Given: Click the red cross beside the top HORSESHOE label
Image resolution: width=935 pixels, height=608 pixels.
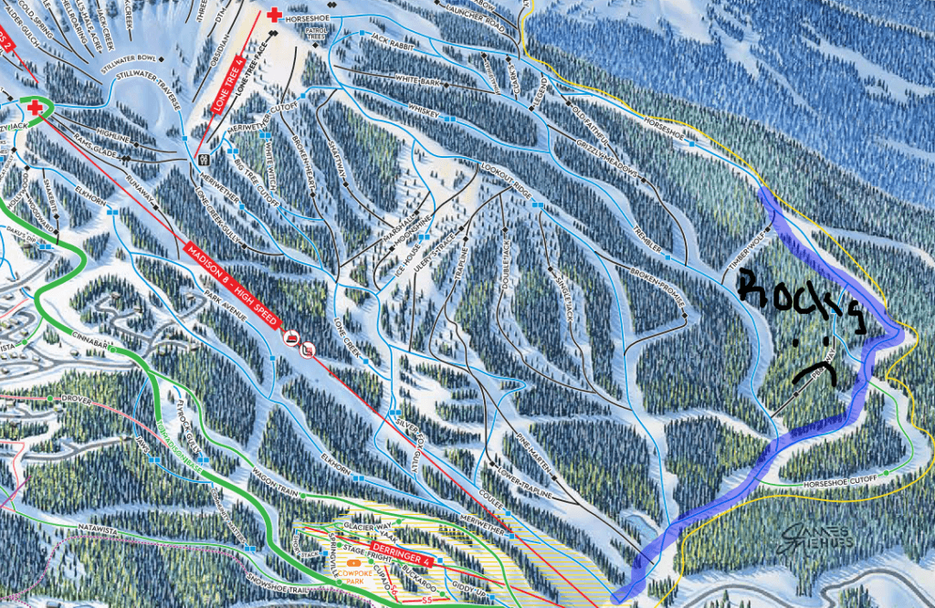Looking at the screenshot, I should [x=274, y=15].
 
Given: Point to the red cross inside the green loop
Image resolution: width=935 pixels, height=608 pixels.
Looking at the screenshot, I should [x=36, y=109].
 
